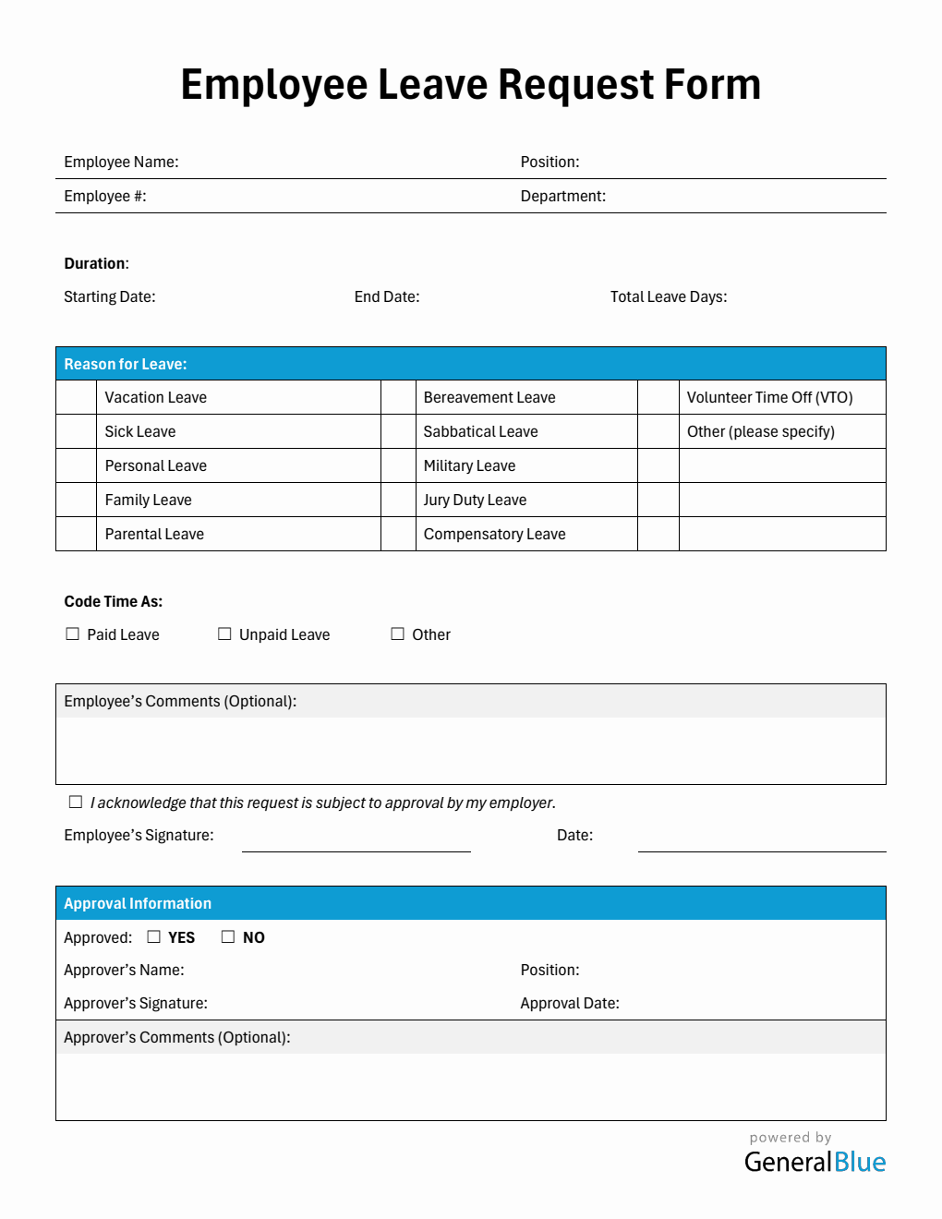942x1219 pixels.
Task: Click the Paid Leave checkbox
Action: click(73, 634)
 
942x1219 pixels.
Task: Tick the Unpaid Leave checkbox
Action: click(224, 634)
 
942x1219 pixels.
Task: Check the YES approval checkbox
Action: click(154, 937)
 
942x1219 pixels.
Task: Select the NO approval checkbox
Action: click(228, 937)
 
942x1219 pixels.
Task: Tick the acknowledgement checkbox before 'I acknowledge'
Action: click(76, 803)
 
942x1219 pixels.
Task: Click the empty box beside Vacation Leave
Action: click(77, 397)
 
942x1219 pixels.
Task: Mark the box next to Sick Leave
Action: click(77, 431)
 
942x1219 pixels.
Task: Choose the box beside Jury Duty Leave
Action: click(398, 500)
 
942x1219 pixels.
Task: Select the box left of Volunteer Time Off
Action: click(658, 397)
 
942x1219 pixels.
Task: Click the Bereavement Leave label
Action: click(489, 397)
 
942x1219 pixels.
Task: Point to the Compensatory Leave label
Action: click(494, 534)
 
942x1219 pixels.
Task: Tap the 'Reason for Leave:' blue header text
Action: click(126, 364)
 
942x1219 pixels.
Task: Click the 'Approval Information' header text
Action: click(138, 903)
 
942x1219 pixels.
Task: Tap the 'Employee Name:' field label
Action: click(121, 162)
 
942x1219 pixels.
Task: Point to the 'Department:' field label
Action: click(563, 196)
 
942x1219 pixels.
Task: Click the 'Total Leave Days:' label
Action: click(669, 296)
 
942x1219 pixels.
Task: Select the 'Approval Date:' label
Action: click(570, 1003)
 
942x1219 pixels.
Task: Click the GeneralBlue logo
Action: click(815, 1161)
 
